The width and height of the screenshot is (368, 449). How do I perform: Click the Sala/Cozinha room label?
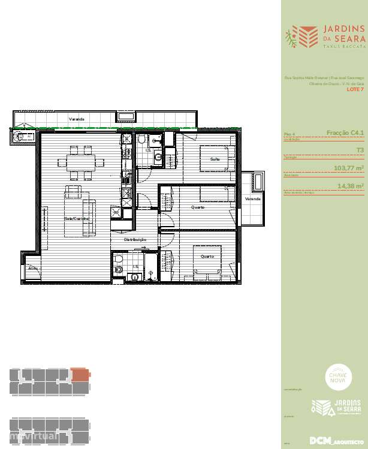pyautogui.click(x=76, y=219)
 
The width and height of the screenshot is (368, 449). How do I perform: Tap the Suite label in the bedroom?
pyautogui.click(x=214, y=159)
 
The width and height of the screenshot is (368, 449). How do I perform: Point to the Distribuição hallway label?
pyautogui.click(x=135, y=239)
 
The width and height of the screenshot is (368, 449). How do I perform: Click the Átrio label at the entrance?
pyautogui.click(x=32, y=268)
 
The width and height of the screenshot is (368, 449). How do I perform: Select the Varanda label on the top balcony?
pyautogui.click(x=76, y=119)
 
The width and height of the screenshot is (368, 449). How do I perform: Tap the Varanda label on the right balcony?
pyautogui.click(x=252, y=198)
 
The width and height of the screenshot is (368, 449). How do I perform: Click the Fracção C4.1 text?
pyautogui.click(x=345, y=132)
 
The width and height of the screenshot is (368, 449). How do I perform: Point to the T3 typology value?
pyautogui.click(x=360, y=150)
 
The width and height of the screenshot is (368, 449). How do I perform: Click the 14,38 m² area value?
pyautogui.click(x=351, y=186)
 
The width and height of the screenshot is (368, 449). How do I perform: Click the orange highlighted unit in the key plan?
pyautogui.click(x=79, y=375)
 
